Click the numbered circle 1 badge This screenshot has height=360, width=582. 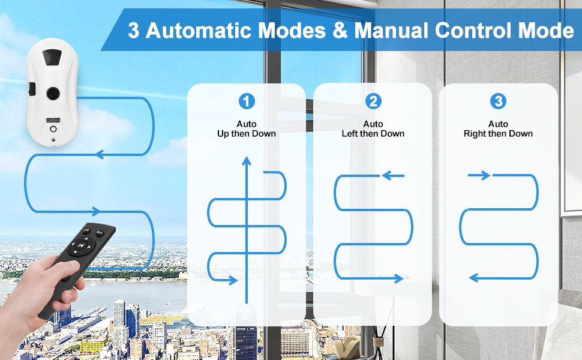(x=247, y=101)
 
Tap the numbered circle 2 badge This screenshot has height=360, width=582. (x=373, y=101)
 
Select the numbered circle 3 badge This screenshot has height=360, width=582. (x=498, y=101)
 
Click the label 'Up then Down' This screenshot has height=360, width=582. (x=247, y=134)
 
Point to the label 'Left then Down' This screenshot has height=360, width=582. (x=373, y=134)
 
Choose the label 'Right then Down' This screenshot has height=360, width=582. (x=498, y=134)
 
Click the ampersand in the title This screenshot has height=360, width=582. (x=340, y=31)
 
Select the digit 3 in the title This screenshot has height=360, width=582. (x=134, y=31)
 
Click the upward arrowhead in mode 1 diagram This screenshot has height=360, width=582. (x=246, y=159)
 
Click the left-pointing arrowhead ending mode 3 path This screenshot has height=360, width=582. (x=474, y=278)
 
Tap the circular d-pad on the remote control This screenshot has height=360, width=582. (x=82, y=245)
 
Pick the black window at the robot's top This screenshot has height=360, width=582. (x=52, y=58)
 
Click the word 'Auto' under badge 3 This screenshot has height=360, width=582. (x=498, y=124)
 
